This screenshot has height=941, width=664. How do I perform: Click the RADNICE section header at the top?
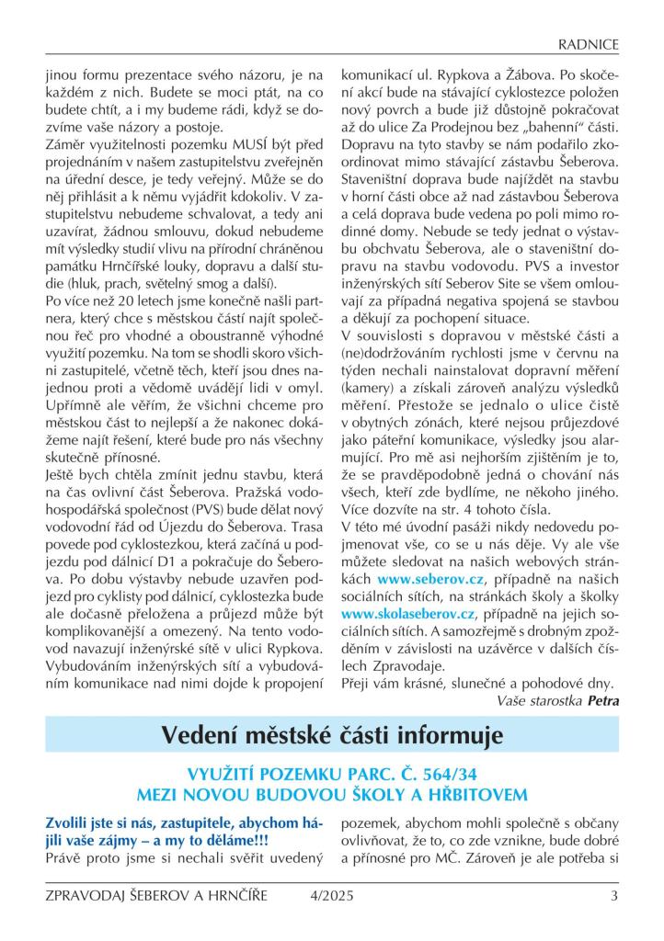coord(589,43)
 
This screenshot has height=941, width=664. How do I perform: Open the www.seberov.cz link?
coord(424,581)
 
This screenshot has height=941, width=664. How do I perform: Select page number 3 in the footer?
coord(613,896)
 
